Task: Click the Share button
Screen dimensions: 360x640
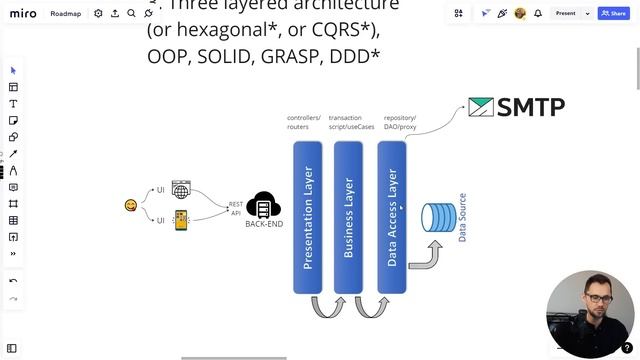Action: tap(613, 13)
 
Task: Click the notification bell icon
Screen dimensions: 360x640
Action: tap(538, 13)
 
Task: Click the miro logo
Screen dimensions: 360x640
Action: tap(22, 13)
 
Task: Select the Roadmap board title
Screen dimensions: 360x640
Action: tap(65, 14)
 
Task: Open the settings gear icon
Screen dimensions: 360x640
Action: tap(98, 14)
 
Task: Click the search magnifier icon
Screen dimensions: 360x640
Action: tap(131, 14)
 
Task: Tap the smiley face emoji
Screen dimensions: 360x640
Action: tap(131, 205)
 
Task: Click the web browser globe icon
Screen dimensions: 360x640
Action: tap(181, 189)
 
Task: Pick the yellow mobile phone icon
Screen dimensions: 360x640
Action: tap(181, 220)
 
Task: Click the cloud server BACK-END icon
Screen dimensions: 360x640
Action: tap(263, 205)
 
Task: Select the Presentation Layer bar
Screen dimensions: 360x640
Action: tap(307, 217)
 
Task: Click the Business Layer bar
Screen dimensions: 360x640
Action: tap(348, 217)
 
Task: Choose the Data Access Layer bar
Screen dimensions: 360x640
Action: tap(392, 217)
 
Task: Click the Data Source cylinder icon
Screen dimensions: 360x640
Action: tap(438, 219)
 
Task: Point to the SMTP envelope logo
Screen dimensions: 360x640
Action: tap(481, 107)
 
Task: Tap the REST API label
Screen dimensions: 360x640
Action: tap(236, 208)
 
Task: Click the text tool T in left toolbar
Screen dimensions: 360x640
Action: tap(13, 104)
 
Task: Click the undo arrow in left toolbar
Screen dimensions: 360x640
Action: tap(13, 281)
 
